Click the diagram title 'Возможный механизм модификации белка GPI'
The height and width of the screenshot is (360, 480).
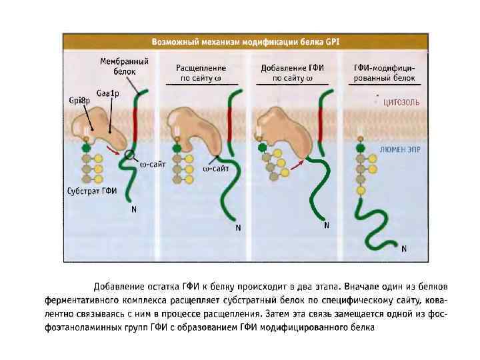(x=246, y=41)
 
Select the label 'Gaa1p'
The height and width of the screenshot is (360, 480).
(x=106, y=94)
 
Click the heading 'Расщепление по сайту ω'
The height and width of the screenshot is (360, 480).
(x=201, y=73)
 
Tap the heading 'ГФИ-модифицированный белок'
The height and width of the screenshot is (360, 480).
(x=383, y=73)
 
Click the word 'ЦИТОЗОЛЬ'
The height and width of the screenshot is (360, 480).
(x=399, y=102)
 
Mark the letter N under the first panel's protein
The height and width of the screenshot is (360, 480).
(x=134, y=209)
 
